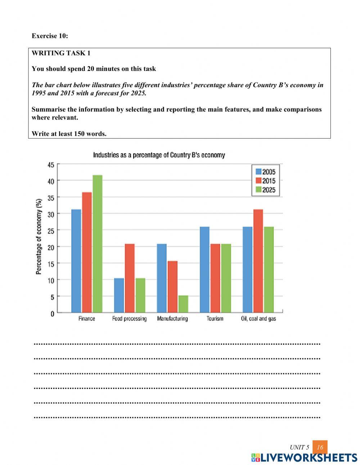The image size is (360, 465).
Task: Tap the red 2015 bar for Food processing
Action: [x=129, y=278]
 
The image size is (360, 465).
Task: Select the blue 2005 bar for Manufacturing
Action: [x=162, y=278]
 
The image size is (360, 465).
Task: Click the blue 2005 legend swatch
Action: [x=258, y=172]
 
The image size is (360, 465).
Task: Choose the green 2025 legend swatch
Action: [x=258, y=190]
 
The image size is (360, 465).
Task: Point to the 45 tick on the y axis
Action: [x=51, y=165]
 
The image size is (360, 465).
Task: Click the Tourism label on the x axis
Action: [x=215, y=319]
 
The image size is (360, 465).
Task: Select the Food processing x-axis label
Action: [x=129, y=319]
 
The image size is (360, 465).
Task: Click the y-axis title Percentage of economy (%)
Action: [x=39, y=237]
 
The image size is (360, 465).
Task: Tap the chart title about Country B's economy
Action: [x=159, y=155]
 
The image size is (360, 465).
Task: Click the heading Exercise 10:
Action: [x=50, y=36]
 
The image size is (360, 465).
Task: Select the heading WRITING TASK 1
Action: [x=61, y=53]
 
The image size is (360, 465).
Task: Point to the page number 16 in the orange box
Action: [x=320, y=447]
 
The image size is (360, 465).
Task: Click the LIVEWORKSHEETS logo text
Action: [x=309, y=458]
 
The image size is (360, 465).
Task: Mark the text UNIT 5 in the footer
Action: [x=299, y=448]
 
